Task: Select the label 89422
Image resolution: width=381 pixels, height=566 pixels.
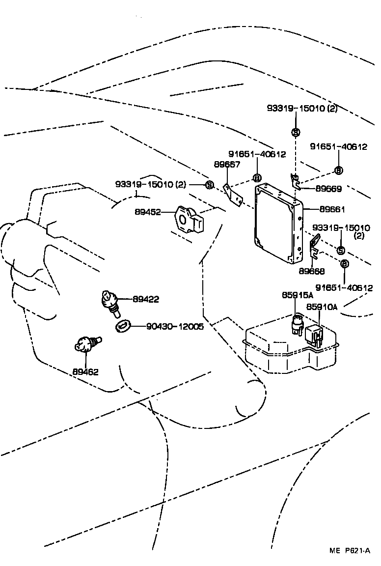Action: (x=145, y=299)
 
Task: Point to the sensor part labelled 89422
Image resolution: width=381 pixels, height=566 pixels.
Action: (x=109, y=300)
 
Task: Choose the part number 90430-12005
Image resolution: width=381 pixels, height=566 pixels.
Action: (x=175, y=326)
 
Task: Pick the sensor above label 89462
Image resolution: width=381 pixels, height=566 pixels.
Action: (x=84, y=344)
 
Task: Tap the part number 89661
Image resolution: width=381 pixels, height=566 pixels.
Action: (x=332, y=209)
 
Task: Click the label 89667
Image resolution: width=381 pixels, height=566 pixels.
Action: (x=226, y=165)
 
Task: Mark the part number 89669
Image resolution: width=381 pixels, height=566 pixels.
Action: (x=328, y=188)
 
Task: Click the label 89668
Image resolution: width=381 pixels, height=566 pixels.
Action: (x=311, y=271)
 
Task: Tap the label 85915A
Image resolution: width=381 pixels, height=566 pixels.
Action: (x=297, y=295)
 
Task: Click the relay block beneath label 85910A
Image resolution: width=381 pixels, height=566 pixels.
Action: (x=314, y=334)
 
